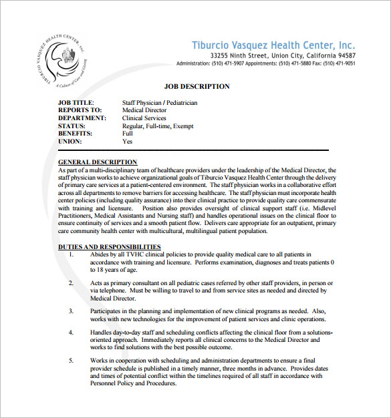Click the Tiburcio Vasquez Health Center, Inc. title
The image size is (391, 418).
point(273,45)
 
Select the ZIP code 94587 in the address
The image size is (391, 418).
point(347,55)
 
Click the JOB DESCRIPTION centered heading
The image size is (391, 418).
point(197,86)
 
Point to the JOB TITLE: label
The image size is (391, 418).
point(78,103)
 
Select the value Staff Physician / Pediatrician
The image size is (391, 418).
point(160,103)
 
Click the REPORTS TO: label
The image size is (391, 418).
point(80,110)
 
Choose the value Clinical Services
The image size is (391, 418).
point(144,118)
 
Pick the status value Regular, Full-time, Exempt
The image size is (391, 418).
point(158,126)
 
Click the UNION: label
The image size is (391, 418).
point(70,142)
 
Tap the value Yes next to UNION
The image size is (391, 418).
point(127,142)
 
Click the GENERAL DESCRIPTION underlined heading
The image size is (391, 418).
point(98,162)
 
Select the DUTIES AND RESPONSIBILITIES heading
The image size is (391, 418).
point(109,247)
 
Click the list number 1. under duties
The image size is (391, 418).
point(72,254)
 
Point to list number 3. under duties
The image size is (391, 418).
point(72,311)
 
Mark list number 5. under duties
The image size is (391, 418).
point(72,360)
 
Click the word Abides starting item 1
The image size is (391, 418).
point(98,254)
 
